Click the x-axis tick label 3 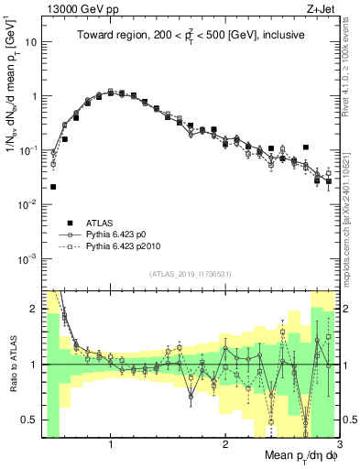point(338,442)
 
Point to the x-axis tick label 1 point(111,442)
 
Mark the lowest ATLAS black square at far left point(53,187)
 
